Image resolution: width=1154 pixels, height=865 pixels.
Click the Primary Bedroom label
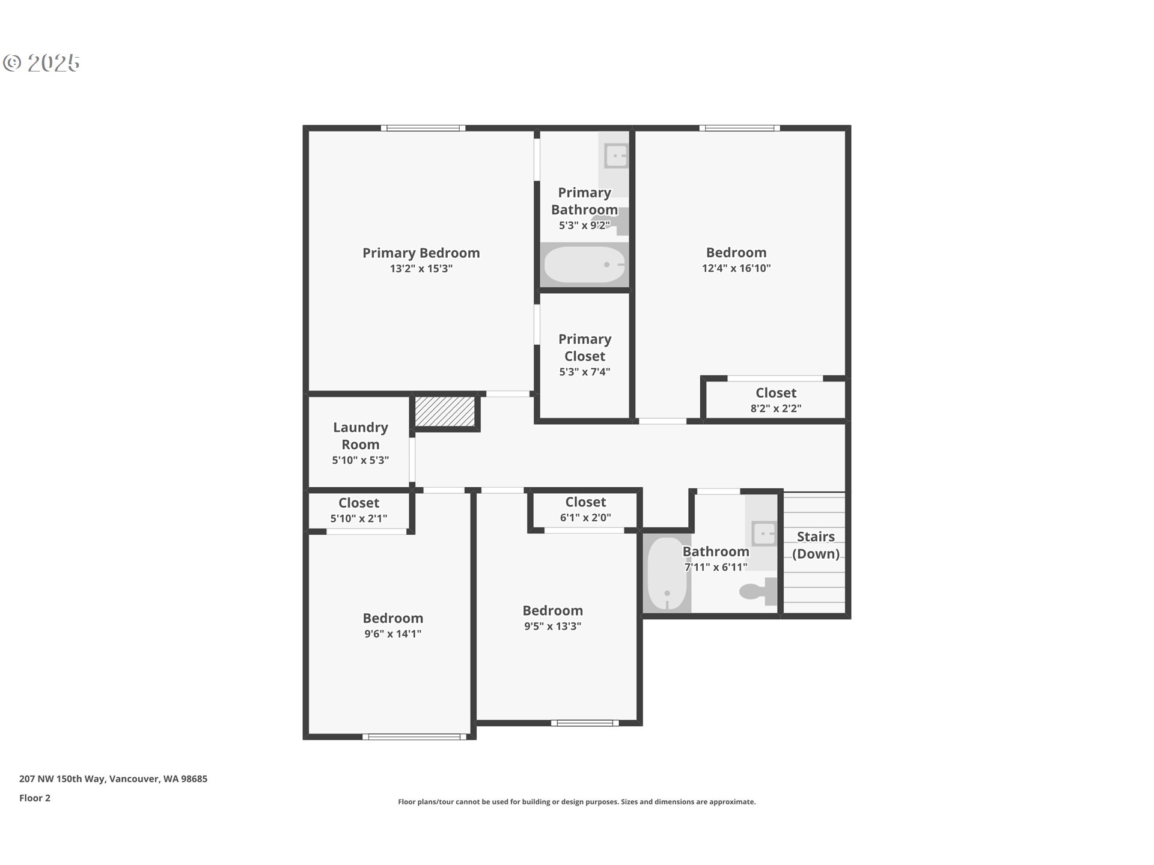[421, 253]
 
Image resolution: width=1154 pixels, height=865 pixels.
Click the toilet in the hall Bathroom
[757, 592]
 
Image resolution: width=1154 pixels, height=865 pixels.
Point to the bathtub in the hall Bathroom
[667, 574]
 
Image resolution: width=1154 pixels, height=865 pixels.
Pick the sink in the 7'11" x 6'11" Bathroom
[764, 533]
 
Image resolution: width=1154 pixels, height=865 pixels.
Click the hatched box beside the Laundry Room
[445, 411]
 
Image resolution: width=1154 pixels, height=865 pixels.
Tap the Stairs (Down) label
[816, 545]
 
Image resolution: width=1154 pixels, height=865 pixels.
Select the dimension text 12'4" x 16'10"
[736, 269]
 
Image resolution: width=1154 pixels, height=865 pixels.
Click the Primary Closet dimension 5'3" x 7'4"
[584, 372]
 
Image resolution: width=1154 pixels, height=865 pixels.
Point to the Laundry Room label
[360, 436]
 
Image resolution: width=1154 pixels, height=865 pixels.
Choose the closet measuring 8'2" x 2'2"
[775, 400]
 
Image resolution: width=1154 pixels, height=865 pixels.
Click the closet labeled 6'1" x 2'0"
[585, 509]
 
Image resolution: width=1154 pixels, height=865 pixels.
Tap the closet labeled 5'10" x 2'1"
[359, 510]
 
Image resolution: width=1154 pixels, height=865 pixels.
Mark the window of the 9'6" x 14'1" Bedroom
[415, 736]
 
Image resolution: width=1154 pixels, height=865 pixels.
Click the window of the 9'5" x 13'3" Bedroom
[585, 723]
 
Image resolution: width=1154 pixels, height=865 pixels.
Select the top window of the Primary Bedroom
[423, 128]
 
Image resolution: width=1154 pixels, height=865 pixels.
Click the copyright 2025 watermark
[41, 62]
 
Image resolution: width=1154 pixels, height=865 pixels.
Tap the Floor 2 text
[35, 798]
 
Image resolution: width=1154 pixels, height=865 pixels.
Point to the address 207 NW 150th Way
[113, 778]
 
